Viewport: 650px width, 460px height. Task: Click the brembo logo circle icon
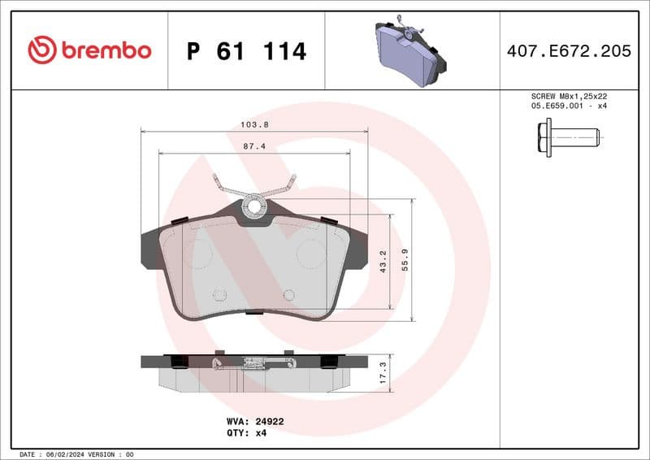41,50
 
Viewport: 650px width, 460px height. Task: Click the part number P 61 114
246,51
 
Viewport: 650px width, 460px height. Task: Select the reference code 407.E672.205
568,51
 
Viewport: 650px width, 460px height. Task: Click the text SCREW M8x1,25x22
568,96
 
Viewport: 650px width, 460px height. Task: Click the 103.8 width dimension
254,125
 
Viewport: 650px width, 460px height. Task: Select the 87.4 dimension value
254,146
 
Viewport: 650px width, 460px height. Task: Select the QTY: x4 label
246,433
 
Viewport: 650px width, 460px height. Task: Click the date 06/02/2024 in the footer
81,453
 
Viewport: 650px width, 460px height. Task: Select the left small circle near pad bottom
219,296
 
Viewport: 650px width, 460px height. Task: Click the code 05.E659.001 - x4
568,106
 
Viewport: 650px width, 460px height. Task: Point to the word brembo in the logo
106,50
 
